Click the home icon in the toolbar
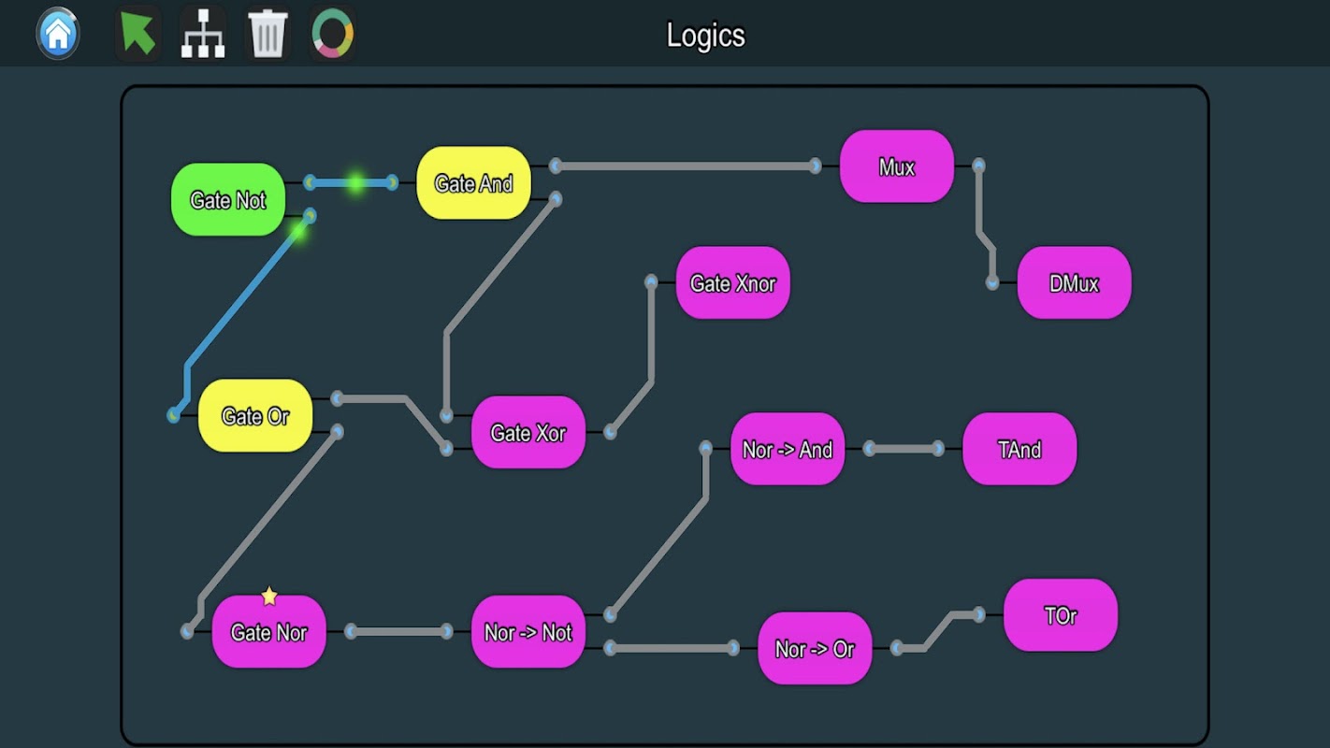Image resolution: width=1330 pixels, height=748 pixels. pos(58,35)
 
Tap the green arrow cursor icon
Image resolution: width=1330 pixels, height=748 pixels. pos(137,35)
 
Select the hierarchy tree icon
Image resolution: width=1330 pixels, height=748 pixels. pos(203,35)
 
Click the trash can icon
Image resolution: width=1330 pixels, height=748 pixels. pos(267,35)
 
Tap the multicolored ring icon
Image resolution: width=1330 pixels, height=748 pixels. pos(332,35)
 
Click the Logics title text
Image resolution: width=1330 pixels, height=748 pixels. pos(705,36)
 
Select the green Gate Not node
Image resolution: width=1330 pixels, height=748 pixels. pos(227,200)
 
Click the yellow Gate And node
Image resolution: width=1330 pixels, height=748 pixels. pos(473,183)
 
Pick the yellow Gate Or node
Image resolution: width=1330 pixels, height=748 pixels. pos(255,416)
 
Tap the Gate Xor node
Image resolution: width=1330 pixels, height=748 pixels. pos(528,433)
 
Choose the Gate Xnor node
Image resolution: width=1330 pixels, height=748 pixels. pos(732,282)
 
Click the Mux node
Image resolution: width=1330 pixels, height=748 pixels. pos(896,167)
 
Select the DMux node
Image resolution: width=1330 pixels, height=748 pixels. pos(1074,283)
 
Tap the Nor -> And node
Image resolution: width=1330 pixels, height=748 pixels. pos(787,450)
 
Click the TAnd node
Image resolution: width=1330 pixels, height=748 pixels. pos(1019,450)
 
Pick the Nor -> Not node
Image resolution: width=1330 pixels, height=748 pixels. pos(528,632)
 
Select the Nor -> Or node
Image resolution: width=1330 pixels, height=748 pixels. pos(814,649)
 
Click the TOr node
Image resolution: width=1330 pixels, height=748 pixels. pos(1060,615)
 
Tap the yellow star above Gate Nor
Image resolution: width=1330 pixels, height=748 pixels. pos(269,596)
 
